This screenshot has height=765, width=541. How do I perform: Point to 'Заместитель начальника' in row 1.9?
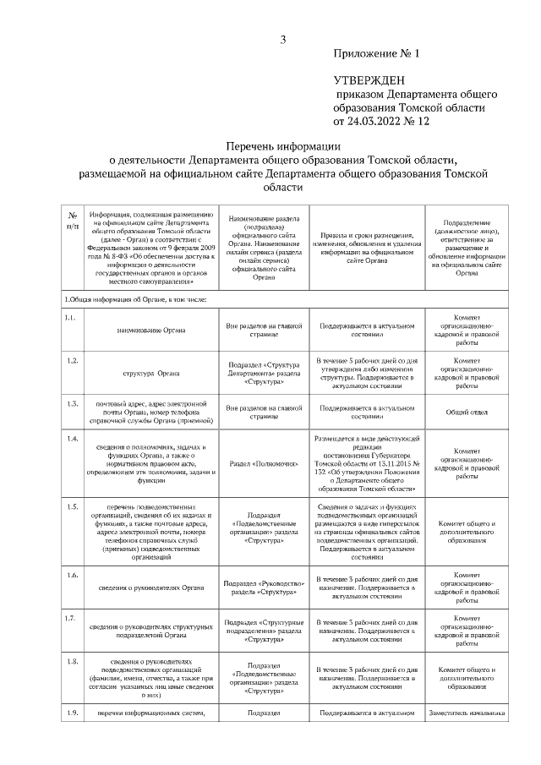tap(467, 713)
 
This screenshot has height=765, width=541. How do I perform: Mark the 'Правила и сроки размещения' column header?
tap(366, 243)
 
